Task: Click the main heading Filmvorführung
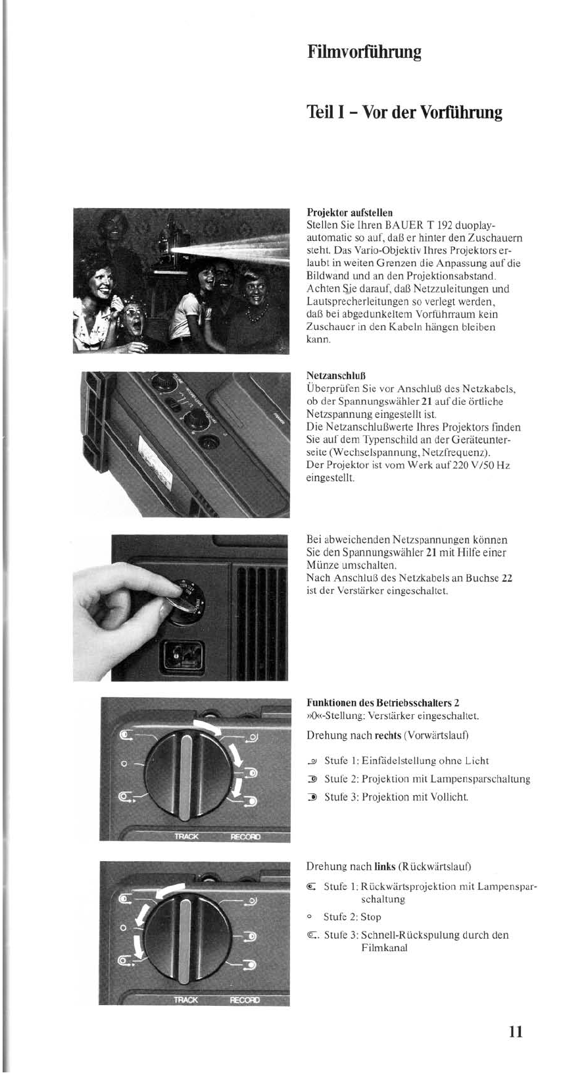[x=364, y=52]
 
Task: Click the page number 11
[x=515, y=1030]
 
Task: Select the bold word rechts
[x=387, y=735]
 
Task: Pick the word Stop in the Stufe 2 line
[x=370, y=918]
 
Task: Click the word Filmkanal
[x=384, y=948]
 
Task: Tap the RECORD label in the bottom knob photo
[x=245, y=1001]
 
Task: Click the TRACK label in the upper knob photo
[x=186, y=837]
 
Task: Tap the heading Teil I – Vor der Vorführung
[x=404, y=112]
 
